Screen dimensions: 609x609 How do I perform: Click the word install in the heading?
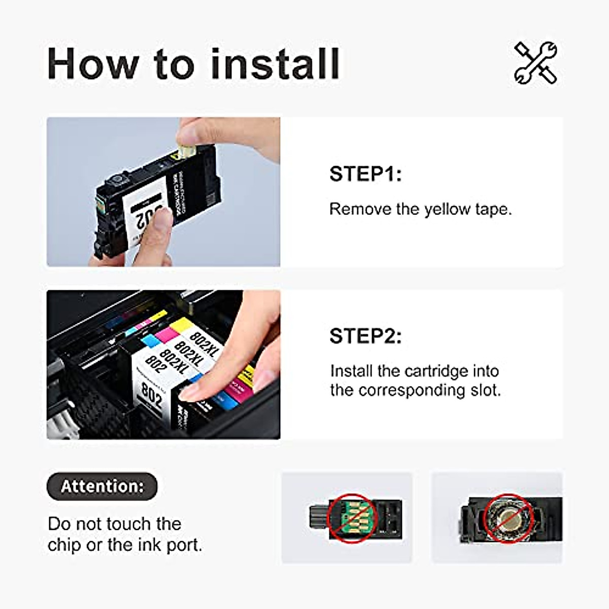[275, 63]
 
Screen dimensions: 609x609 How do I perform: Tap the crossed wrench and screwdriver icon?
[535, 63]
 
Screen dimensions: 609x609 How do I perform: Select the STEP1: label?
[365, 174]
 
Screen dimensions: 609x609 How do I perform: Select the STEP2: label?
[365, 336]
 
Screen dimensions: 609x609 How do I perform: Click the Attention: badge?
[102, 486]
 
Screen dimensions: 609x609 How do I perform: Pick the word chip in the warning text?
[65, 545]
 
